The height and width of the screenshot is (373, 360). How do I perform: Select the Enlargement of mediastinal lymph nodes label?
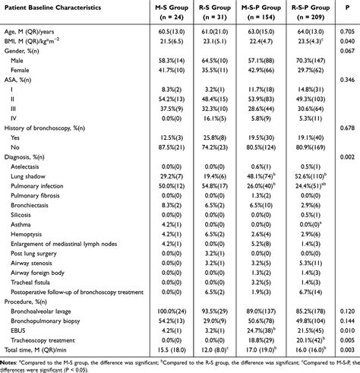[x=68, y=244]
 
